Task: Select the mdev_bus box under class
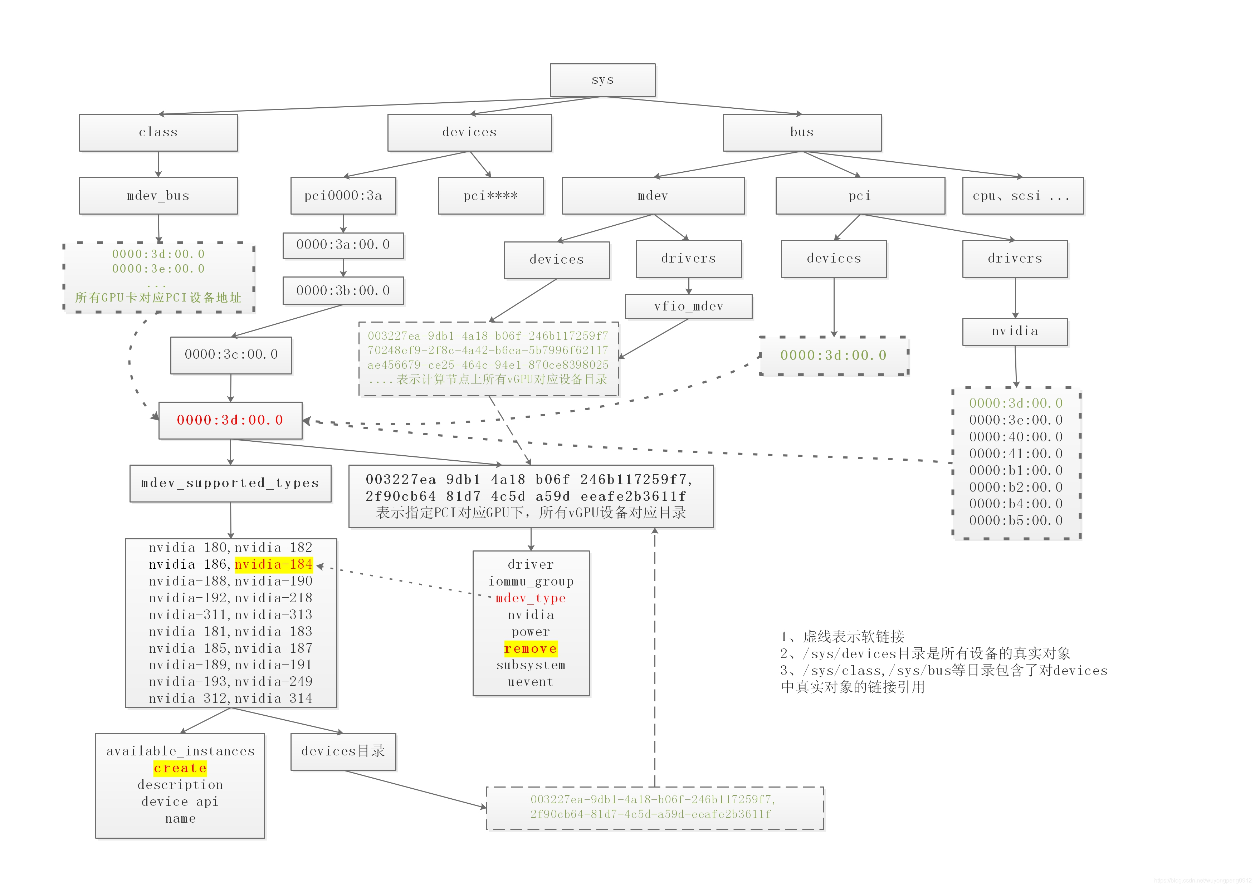tap(158, 196)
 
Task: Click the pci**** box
tap(490, 196)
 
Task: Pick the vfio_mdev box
tap(688, 307)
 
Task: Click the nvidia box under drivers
tap(1015, 331)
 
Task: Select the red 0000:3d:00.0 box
tap(230, 420)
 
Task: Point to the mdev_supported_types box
tap(230, 483)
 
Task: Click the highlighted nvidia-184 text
tap(273, 564)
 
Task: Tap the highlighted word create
tap(180, 768)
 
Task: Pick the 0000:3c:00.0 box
tap(231, 355)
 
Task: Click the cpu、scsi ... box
tap(1022, 196)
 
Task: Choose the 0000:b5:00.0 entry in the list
tap(1016, 520)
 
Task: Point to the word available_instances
tap(180, 751)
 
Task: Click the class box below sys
tap(158, 132)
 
